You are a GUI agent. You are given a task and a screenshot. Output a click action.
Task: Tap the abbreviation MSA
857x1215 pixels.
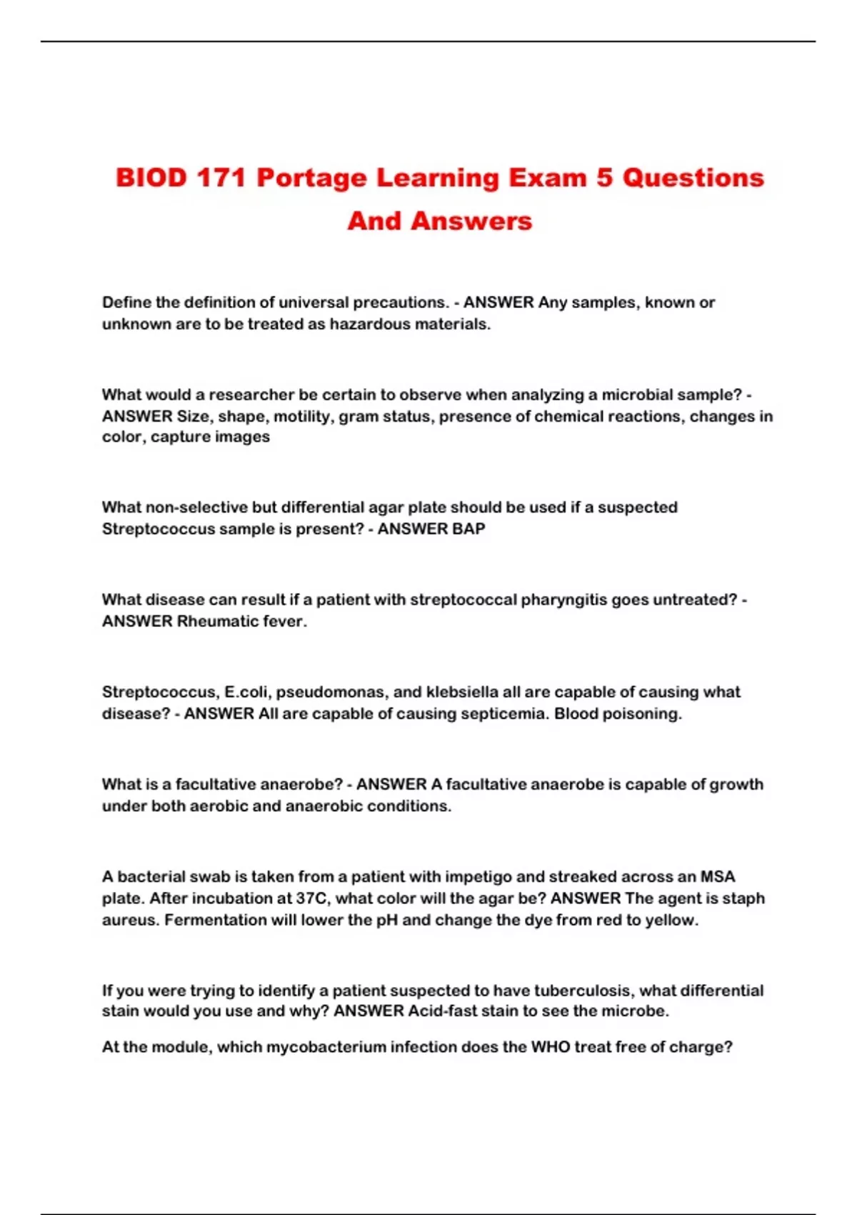[717, 878]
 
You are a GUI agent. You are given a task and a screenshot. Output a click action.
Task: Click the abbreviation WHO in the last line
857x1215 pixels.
[550, 1048]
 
